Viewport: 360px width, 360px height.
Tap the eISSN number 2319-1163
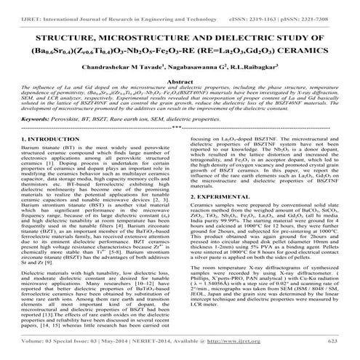[x=277, y=7]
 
